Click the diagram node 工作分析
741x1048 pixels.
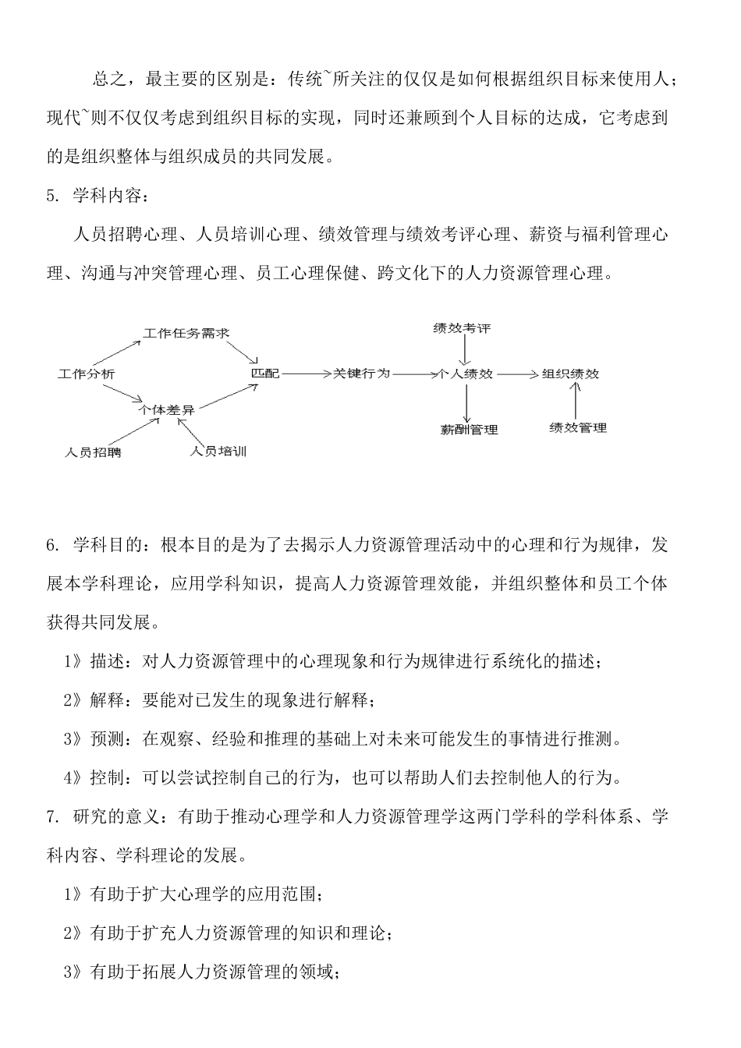[87, 374]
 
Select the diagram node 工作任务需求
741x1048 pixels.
[186, 333]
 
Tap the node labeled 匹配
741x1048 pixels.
[264, 374]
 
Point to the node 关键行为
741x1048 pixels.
[361, 374]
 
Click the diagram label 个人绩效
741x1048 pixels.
[466, 374]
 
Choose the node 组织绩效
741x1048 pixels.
[570, 374]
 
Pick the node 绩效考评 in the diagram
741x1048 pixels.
[463, 328]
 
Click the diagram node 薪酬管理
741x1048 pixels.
[469, 429]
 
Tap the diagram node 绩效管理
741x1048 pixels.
[578, 427]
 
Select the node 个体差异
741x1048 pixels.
[166, 408]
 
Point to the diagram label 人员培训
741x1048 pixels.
[218, 451]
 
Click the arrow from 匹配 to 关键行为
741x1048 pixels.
[306, 374]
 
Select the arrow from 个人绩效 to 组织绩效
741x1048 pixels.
[517, 374]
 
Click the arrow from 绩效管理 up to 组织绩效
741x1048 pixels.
[576, 402]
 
